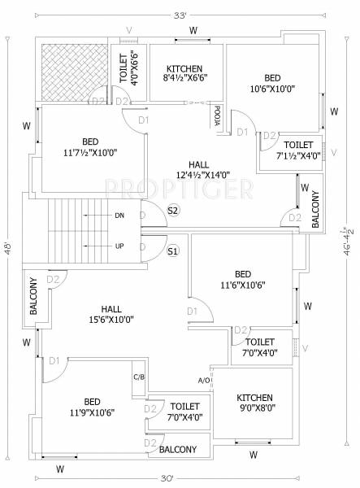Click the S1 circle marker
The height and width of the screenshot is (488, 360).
(173, 251)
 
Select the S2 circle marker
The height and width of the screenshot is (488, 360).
(173, 211)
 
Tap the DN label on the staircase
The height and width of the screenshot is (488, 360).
(119, 216)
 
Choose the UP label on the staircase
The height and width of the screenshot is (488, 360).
(119, 245)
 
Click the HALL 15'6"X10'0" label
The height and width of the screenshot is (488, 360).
(111, 314)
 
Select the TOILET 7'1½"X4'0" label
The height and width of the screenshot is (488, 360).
(298, 149)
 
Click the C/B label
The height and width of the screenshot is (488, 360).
(138, 377)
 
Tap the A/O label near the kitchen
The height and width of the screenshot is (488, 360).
(204, 381)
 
